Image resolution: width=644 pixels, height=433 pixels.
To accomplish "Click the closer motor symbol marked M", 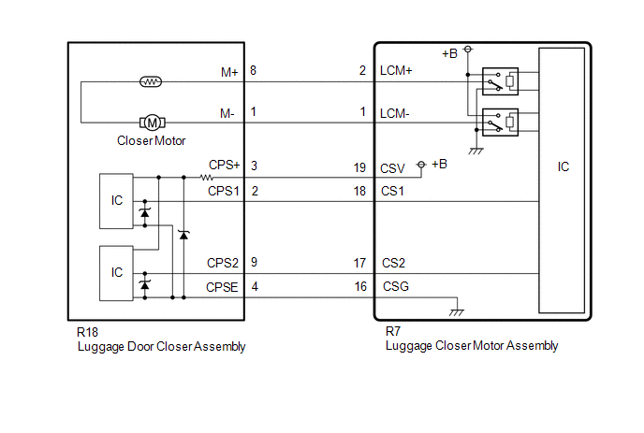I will click(x=152, y=123).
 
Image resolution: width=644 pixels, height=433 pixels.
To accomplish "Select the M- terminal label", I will click(x=227, y=112).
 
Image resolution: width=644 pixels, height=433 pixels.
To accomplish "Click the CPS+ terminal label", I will click(x=225, y=165).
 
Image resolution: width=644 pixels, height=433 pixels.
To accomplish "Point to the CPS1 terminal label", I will click(x=224, y=190).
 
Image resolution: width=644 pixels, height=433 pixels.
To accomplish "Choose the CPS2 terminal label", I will click(x=224, y=263).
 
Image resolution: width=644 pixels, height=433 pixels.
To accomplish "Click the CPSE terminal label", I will click(x=224, y=287).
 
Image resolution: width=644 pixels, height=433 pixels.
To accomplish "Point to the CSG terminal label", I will click(x=394, y=287).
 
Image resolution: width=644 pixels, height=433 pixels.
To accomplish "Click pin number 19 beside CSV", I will click(x=359, y=169).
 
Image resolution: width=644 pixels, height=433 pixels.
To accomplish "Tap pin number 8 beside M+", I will click(x=254, y=70).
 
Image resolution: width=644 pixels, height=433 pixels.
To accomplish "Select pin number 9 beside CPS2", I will click(x=254, y=263).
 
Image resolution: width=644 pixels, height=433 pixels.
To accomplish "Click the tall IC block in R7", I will click(x=563, y=178).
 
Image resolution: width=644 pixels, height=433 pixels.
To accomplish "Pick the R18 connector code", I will click(x=87, y=332).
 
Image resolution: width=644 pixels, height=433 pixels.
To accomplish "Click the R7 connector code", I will click(x=394, y=332).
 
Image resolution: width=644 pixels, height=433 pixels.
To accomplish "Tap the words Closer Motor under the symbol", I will click(x=152, y=141).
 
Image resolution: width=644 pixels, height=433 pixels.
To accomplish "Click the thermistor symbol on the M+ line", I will click(x=152, y=81).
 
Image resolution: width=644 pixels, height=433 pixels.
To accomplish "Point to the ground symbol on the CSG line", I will click(x=457, y=310).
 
